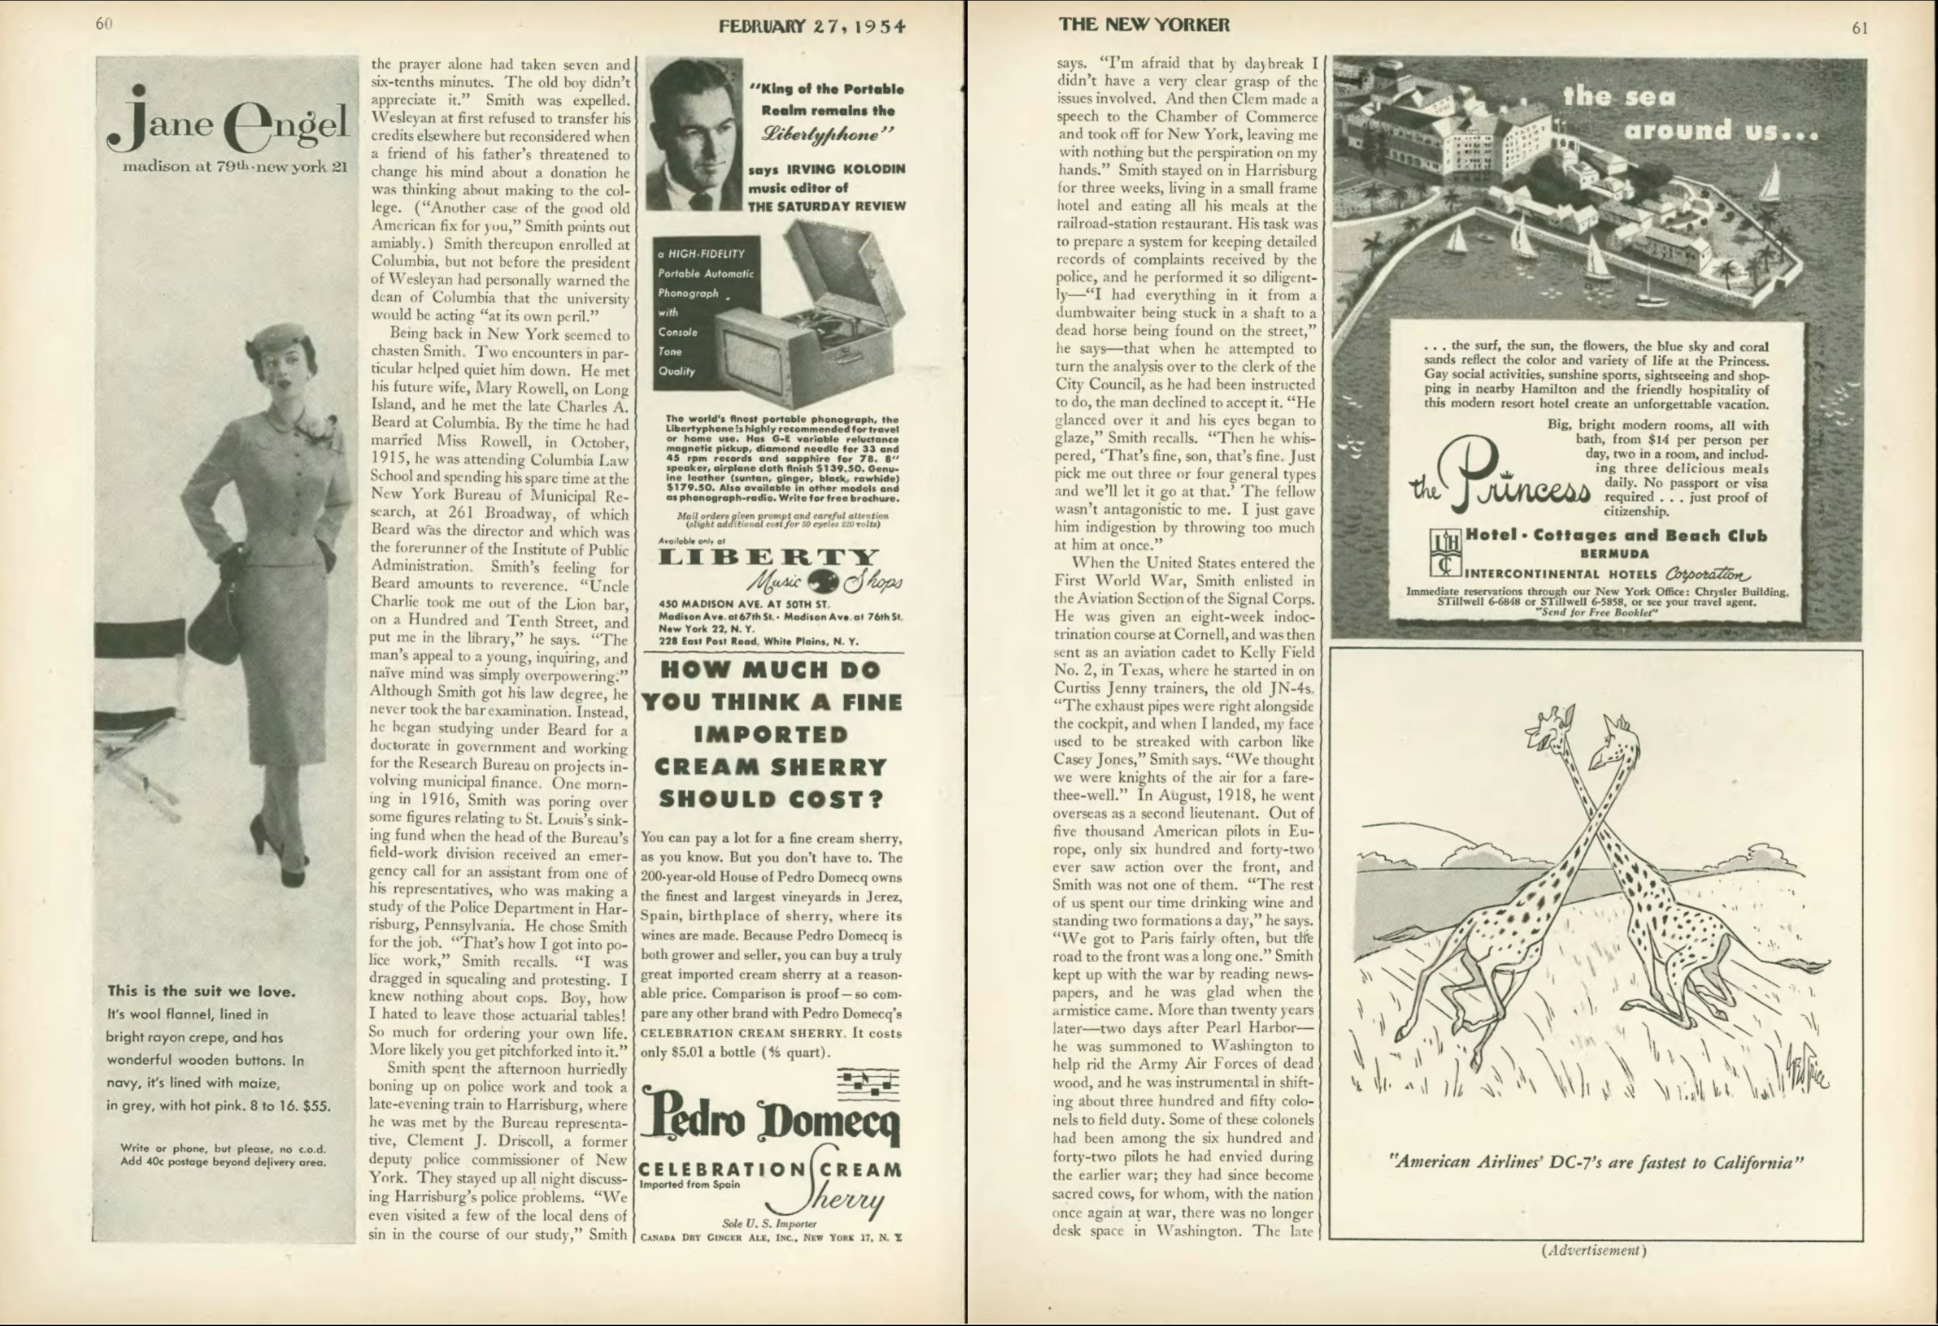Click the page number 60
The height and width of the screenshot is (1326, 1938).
pyautogui.click(x=103, y=23)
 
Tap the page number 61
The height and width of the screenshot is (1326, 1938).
pyautogui.click(x=1860, y=28)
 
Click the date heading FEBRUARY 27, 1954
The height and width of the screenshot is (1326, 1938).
pyautogui.click(x=811, y=26)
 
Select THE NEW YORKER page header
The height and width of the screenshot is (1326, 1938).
pyautogui.click(x=1143, y=24)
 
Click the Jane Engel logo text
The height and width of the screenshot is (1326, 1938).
pyautogui.click(x=227, y=125)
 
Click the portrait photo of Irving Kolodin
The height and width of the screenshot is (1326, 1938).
pyautogui.click(x=694, y=133)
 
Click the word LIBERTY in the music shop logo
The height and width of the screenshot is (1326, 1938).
pyautogui.click(x=768, y=557)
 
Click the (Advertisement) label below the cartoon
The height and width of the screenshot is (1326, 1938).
pyautogui.click(x=1594, y=1250)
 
